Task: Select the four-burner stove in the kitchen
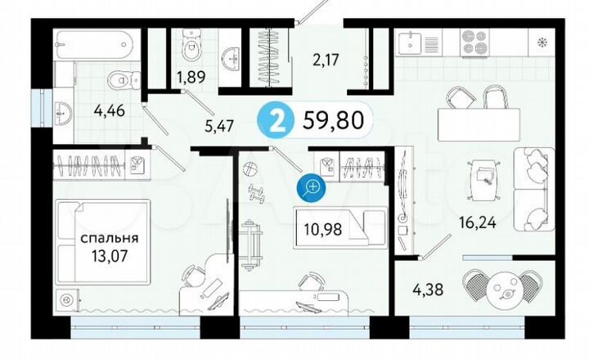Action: (x=474, y=43)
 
